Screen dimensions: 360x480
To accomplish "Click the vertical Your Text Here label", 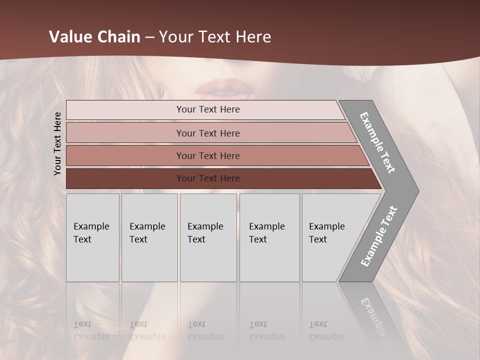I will (57, 143).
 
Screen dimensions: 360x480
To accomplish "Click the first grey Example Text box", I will (92, 237).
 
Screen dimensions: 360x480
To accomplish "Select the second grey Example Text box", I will (149, 237).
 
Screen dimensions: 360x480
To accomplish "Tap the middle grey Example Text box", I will (208, 237).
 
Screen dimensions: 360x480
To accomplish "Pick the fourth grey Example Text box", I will (269, 237).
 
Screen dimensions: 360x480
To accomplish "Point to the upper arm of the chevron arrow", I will (377, 142).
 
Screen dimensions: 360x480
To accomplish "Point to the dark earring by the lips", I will (161, 91).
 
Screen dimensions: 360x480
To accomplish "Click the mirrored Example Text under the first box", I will (91, 330).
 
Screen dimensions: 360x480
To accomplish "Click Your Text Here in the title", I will (215, 37).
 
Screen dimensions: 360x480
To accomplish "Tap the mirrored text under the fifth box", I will (327, 330).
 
